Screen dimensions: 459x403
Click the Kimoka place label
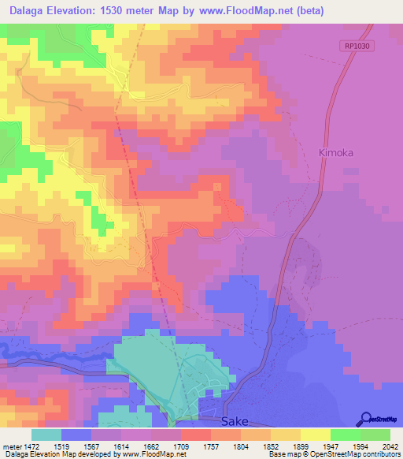tap(336, 151)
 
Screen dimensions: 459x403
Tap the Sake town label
tap(234, 422)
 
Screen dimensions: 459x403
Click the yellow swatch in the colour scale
tap(315, 435)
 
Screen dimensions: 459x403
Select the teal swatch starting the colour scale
tap(46, 435)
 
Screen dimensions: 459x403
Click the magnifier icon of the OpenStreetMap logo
tap(365, 419)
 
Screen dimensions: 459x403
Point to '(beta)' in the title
tap(307, 11)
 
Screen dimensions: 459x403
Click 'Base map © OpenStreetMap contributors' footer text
tap(334, 454)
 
